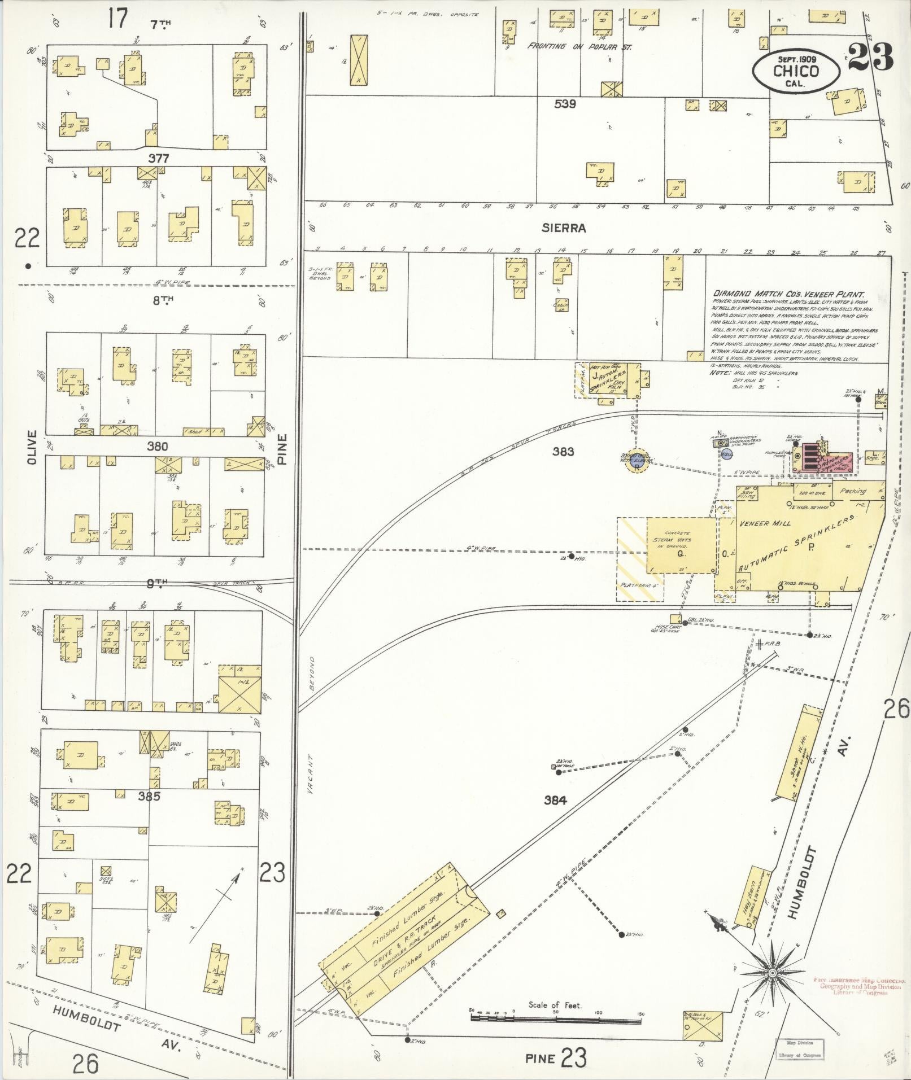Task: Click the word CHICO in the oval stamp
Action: (796, 71)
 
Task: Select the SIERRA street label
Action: (563, 228)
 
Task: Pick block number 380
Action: (157, 447)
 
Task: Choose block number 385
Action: (150, 796)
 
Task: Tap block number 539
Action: (564, 104)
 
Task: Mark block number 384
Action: (555, 800)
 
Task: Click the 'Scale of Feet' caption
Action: (555, 1005)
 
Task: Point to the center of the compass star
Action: (771, 973)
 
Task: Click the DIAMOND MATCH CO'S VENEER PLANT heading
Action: (789, 294)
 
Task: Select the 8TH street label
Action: (163, 301)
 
